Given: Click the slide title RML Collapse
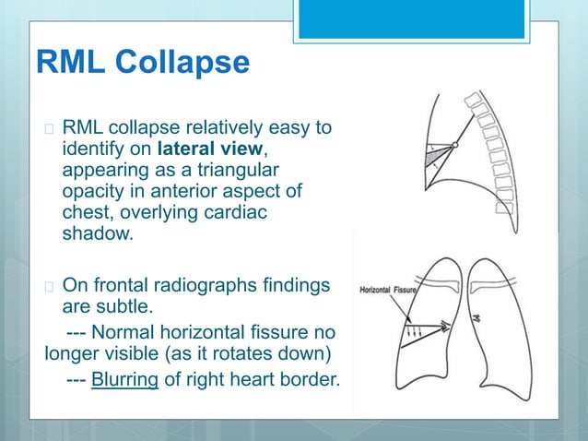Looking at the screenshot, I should click(142, 64).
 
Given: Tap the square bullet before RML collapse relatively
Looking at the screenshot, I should click(49, 128).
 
